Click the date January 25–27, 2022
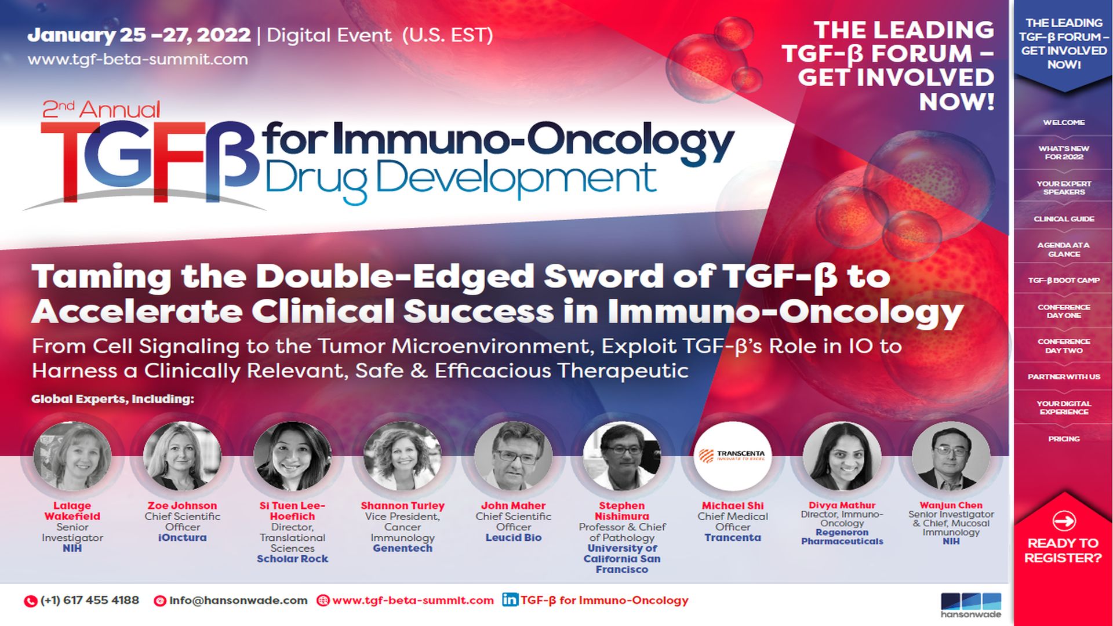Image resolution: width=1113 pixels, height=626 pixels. click(x=139, y=35)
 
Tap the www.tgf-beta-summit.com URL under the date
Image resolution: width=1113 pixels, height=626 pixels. click(x=138, y=59)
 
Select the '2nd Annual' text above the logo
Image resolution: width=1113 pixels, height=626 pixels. click(x=101, y=109)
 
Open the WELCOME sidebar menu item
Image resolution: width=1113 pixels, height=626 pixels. click(x=1064, y=122)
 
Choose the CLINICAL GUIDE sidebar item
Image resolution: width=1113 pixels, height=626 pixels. click(x=1064, y=219)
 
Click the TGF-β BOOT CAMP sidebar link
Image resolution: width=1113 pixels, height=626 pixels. click(x=1064, y=280)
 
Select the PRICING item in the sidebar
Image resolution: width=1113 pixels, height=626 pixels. click(x=1064, y=439)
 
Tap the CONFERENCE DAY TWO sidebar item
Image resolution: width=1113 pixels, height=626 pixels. click(x=1064, y=346)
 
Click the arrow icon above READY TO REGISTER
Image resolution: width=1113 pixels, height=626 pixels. click(x=1063, y=521)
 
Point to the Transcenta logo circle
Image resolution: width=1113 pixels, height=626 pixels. click(x=732, y=456)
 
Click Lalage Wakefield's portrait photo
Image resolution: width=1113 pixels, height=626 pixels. click(x=72, y=457)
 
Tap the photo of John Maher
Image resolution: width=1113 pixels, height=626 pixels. click(x=513, y=457)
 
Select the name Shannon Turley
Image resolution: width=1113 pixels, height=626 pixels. click(x=402, y=505)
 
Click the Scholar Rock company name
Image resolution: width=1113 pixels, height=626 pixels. click(x=292, y=559)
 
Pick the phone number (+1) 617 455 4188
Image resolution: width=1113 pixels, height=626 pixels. click(x=89, y=600)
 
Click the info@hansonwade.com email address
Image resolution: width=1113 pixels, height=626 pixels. click(x=238, y=600)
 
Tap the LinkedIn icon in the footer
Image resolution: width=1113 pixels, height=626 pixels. click(x=510, y=600)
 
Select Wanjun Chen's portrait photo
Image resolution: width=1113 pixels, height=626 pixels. click(x=951, y=457)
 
